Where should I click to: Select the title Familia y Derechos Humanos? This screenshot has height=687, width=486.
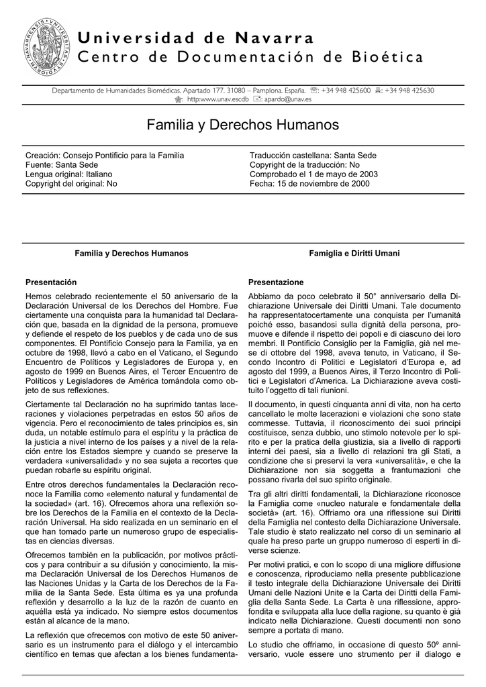pos(243,125)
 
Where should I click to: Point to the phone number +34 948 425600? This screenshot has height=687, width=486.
pos(346,90)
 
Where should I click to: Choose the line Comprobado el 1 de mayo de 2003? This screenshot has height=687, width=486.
pos(313,174)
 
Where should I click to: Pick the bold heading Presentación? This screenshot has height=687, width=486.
pos(50,282)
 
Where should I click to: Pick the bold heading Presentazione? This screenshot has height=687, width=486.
pos(276,282)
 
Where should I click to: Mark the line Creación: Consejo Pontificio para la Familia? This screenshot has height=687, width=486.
pos(104,155)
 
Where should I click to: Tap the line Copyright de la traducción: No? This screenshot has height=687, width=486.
pos(305,164)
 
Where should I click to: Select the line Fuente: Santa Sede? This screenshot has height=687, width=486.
pos(62,164)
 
